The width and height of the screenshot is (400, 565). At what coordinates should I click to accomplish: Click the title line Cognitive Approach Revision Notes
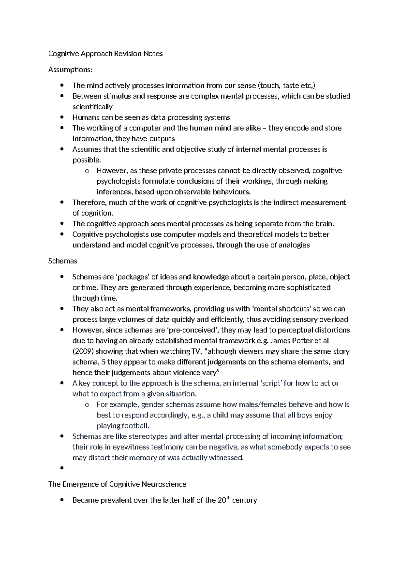(105, 54)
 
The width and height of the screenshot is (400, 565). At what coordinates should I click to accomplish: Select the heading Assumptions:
(70, 70)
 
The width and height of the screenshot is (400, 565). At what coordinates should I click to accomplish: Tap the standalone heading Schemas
(63, 261)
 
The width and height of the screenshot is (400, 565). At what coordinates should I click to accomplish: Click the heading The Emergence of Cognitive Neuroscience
(117, 484)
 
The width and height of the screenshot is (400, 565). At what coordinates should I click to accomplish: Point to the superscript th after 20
(229, 498)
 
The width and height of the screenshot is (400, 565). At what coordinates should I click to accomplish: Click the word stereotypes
(155, 436)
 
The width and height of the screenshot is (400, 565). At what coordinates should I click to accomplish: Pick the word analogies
(294, 245)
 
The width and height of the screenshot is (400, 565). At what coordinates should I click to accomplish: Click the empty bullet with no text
(62, 468)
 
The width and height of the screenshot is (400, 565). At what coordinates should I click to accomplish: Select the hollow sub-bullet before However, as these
(87, 171)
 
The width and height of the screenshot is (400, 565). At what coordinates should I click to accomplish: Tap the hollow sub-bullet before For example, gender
(87, 405)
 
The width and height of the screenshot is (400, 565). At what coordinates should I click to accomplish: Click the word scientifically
(92, 107)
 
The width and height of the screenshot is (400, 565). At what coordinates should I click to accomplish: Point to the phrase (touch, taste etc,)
(286, 86)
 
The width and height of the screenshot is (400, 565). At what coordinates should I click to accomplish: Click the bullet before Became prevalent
(62, 500)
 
